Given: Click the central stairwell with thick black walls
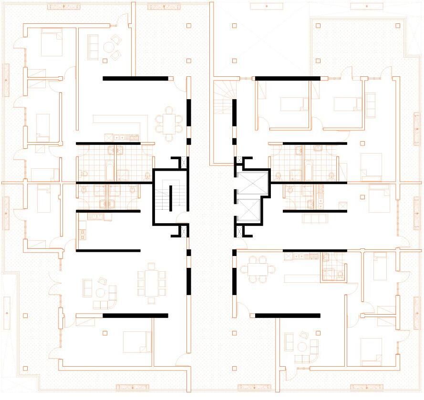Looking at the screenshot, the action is point(169,196).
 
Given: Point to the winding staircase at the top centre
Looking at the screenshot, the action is point(222,97).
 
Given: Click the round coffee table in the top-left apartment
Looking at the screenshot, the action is point(109,47).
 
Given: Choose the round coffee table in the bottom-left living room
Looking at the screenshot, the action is point(101,292).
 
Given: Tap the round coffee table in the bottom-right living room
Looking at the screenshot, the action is point(303,345).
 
